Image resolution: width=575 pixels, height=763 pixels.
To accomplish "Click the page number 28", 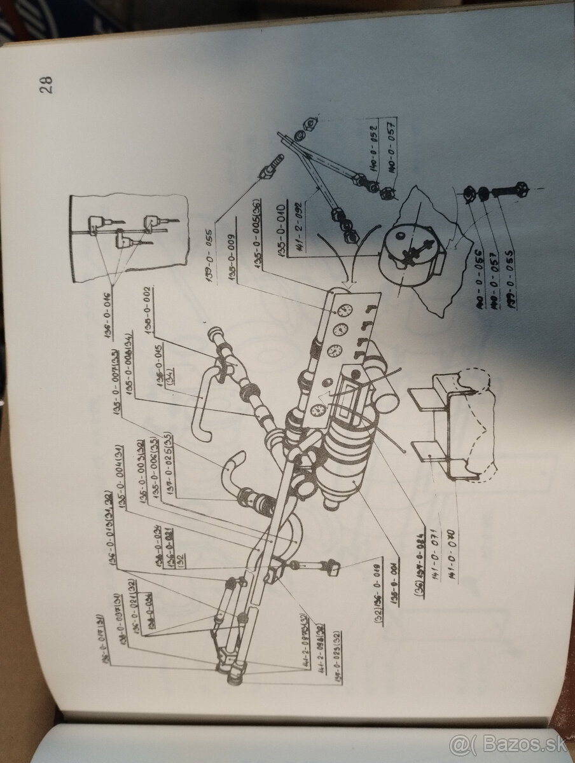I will [x=46, y=85].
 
